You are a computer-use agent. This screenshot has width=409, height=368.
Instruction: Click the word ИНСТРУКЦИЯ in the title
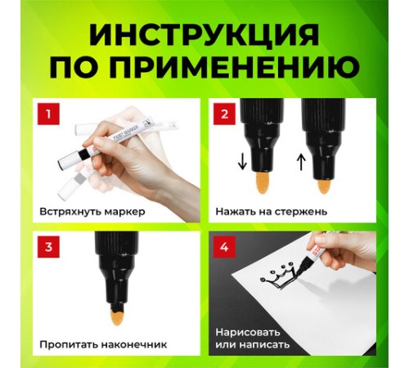[204, 35]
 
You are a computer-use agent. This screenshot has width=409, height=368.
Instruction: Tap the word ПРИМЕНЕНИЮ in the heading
[236, 67]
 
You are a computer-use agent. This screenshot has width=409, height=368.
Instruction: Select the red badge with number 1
[48, 114]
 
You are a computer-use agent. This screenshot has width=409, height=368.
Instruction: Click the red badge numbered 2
[224, 114]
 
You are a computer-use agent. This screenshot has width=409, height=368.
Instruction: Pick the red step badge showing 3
[48, 247]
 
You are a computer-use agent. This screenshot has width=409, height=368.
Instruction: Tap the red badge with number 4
[224, 247]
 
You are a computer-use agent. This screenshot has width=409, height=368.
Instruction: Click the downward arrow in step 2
[242, 162]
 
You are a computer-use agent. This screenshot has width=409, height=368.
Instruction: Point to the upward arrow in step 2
[301, 162]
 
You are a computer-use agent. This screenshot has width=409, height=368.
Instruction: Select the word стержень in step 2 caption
[301, 212]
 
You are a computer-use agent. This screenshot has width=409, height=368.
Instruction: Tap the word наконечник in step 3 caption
[134, 345]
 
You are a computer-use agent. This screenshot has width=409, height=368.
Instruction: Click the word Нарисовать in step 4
[248, 333]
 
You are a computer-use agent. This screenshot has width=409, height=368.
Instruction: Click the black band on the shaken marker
[83, 155]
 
